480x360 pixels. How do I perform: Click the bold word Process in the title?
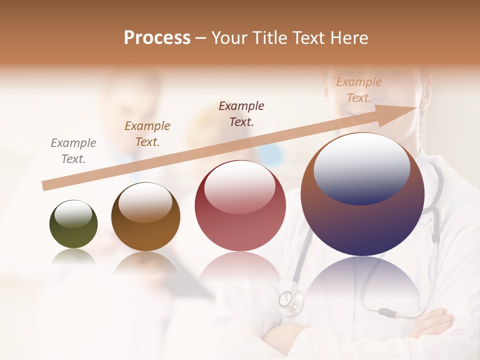[157, 37]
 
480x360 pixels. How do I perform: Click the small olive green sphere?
[73, 224]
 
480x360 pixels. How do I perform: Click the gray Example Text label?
[73, 151]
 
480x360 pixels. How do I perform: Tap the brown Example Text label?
[147, 134]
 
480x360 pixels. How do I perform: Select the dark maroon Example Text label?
[241, 113]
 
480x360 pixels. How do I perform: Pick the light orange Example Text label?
[358, 90]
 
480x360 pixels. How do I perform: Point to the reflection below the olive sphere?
[73, 257]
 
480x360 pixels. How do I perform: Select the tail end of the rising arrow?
[46, 185]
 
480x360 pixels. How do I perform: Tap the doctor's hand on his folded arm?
[432, 320]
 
